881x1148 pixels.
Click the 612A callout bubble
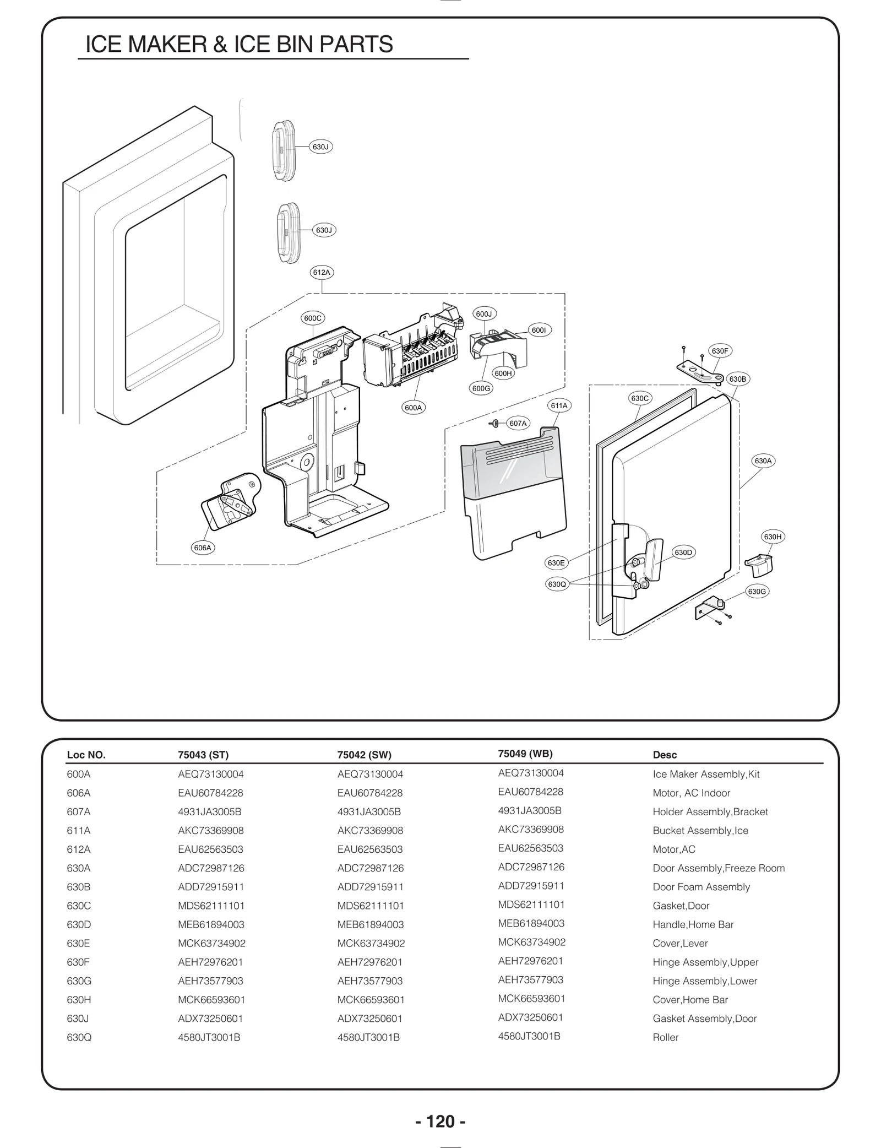tap(322, 272)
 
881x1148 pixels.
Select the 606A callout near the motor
tap(203, 548)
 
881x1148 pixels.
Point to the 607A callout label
tap(518, 423)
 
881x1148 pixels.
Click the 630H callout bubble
tap(773, 537)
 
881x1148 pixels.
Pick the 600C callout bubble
tap(313, 318)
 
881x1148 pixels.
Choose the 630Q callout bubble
tap(557, 584)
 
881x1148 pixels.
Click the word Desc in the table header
tap(665, 755)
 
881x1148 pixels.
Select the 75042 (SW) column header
tap(364, 755)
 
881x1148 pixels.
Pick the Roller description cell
tap(665, 1037)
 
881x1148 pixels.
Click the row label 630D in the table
tap(78, 924)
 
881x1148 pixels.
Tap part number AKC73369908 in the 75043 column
tap(210, 830)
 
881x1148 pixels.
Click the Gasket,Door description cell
tap(681, 906)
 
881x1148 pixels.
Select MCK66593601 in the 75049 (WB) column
tap(531, 998)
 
